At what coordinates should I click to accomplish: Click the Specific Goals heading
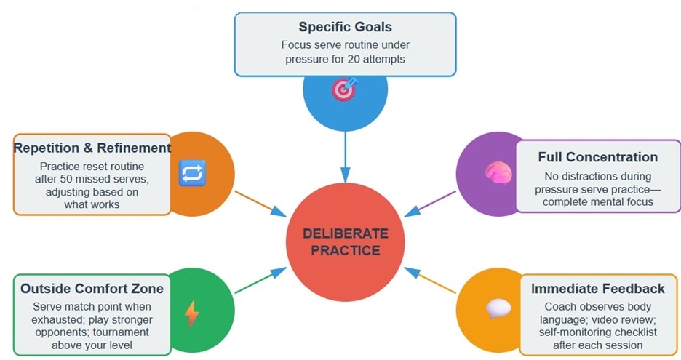pyautogui.click(x=345, y=27)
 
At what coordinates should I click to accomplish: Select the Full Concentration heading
pyautogui.click(x=597, y=157)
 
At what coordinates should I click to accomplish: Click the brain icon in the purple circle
pyautogui.click(x=498, y=172)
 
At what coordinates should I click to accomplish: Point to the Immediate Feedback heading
pyautogui.click(x=597, y=289)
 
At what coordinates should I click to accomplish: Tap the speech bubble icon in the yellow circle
pyautogui.click(x=498, y=309)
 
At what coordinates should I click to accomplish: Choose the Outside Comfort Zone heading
pyautogui.click(x=92, y=289)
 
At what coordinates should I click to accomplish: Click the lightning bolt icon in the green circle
pyautogui.click(x=191, y=313)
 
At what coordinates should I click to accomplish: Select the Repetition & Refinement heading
pyautogui.click(x=92, y=148)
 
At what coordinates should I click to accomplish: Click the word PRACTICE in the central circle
pyautogui.click(x=346, y=251)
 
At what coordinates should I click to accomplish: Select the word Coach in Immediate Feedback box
pyautogui.click(x=563, y=307)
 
